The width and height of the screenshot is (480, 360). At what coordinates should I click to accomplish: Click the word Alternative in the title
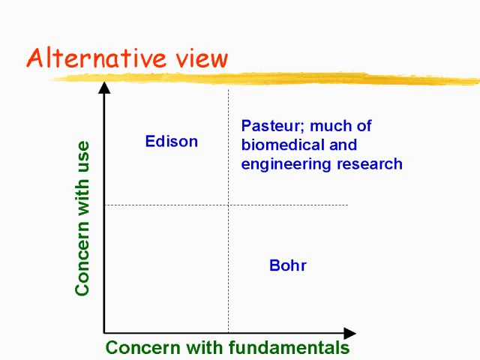pyautogui.click(x=97, y=58)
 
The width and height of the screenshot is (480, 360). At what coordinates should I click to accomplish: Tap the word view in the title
pyautogui.click(x=202, y=58)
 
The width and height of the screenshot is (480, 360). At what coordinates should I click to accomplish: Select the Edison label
pyautogui.click(x=172, y=142)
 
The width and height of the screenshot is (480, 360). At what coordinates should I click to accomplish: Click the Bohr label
pyautogui.click(x=288, y=265)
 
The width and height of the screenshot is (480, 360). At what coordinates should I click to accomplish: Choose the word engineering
pyautogui.click(x=286, y=164)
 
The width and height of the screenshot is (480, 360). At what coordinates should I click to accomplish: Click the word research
pyautogui.click(x=370, y=163)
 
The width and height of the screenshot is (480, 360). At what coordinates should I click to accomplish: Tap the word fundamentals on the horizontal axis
pyautogui.click(x=289, y=347)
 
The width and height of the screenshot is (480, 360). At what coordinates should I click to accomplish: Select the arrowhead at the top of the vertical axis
pyautogui.click(x=104, y=88)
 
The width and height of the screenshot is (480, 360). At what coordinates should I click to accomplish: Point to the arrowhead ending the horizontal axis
pyautogui.click(x=350, y=333)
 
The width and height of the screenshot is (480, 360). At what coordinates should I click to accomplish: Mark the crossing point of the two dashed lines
pyautogui.click(x=228, y=205)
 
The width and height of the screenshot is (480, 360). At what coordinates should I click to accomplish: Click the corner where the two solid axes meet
pyautogui.click(x=104, y=333)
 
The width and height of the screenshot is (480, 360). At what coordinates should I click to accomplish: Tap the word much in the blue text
pyautogui.click(x=331, y=126)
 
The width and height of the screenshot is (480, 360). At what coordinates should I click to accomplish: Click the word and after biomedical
pyautogui.click(x=343, y=145)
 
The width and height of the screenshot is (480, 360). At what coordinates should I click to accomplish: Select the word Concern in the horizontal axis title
pyautogui.click(x=143, y=348)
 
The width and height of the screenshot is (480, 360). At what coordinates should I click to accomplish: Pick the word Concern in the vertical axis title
pyautogui.click(x=82, y=258)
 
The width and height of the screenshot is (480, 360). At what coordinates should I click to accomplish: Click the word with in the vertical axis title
pyautogui.click(x=82, y=196)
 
